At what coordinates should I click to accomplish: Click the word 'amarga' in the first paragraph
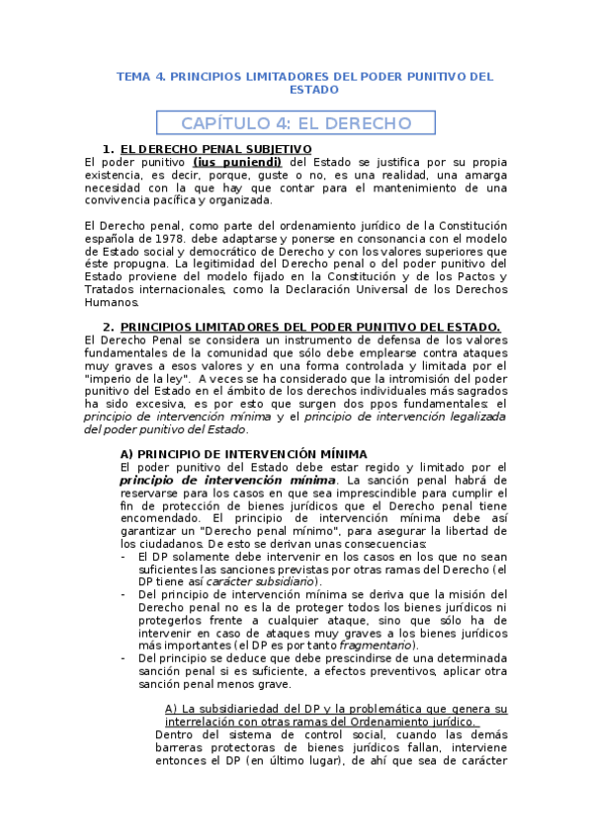click(484, 175)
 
